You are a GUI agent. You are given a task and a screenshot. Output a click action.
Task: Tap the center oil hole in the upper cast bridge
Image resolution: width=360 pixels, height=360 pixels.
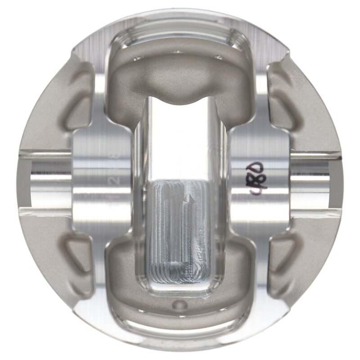click(179, 52)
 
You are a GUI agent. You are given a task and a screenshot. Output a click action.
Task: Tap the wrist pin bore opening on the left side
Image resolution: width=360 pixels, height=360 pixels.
click(43, 182)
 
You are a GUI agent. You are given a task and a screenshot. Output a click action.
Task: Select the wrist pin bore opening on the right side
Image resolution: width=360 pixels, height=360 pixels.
click(315, 182)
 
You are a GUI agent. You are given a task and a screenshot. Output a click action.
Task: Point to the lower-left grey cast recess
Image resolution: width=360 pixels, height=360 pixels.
click(76, 261)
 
